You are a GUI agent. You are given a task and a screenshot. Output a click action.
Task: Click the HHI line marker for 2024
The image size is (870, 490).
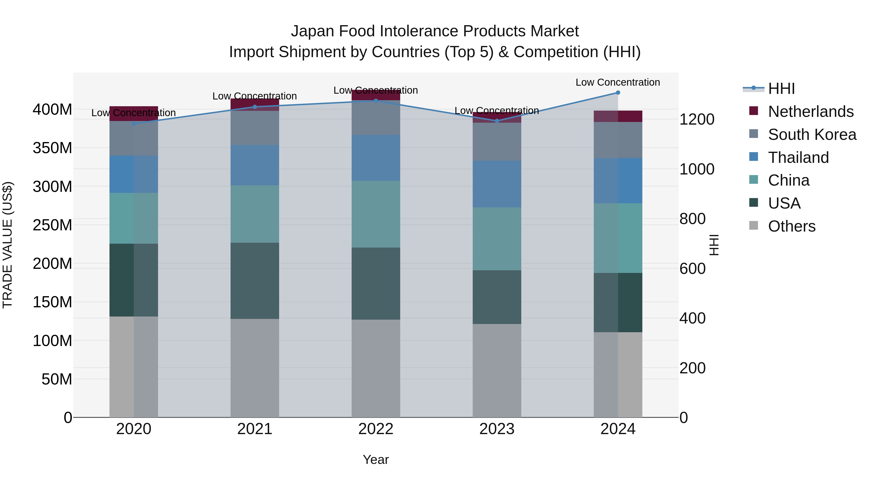pyautogui.click(x=618, y=93)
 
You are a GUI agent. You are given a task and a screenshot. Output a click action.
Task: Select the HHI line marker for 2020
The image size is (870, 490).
pyautogui.click(x=134, y=124)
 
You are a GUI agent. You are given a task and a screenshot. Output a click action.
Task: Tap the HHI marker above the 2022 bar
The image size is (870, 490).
pyautogui.click(x=376, y=101)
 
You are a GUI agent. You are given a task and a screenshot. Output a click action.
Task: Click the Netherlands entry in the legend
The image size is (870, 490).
pyautogui.click(x=811, y=112)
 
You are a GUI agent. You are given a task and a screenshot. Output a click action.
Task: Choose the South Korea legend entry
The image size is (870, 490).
pyautogui.click(x=812, y=135)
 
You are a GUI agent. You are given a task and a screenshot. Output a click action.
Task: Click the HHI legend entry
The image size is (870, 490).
pyautogui.click(x=781, y=89)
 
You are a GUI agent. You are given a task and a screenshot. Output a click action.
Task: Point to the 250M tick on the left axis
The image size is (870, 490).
pyautogui.click(x=52, y=225)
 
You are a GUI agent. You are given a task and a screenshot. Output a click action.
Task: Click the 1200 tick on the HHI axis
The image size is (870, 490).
pyautogui.click(x=697, y=119)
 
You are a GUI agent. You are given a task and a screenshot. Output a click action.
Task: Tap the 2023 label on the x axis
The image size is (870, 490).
pyautogui.click(x=497, y=429)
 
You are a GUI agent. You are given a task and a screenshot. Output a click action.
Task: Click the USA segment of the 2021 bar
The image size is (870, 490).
pyautogui.click(x=255, y=281)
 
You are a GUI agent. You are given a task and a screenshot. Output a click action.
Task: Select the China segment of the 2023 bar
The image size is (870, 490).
pyautogui.click(x=497, y=239)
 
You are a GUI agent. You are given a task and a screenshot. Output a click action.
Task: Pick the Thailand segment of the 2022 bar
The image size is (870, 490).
pyautogui.click(x=376, y=158)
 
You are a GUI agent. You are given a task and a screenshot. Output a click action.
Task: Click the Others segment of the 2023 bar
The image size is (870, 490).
pyautogui.click(x=497, y=370)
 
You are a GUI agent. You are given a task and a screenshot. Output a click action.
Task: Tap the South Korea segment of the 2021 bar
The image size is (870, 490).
pyautogui.click(x=255, y=128)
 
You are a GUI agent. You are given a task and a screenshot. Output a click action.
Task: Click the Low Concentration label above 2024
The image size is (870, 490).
pyautogui.click(x=618, y=83)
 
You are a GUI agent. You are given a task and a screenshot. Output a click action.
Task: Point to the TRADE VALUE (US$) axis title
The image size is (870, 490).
pyautogui.click(x=8, y=245)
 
